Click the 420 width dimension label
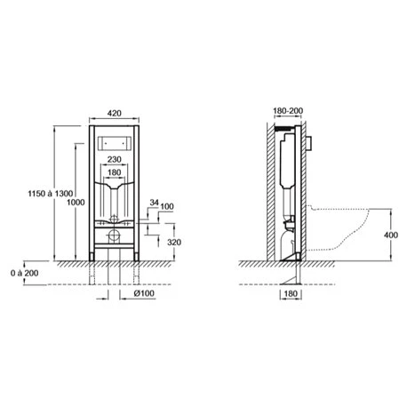point(114,113)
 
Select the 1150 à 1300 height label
point(51,194)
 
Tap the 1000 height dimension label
point(76,203)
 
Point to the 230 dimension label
point(114,159)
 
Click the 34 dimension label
point(154,203)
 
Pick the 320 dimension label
point(174,243)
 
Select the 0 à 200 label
point(25,273)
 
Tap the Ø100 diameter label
point(144,293)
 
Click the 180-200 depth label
point(288,111)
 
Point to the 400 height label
point(391,235)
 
